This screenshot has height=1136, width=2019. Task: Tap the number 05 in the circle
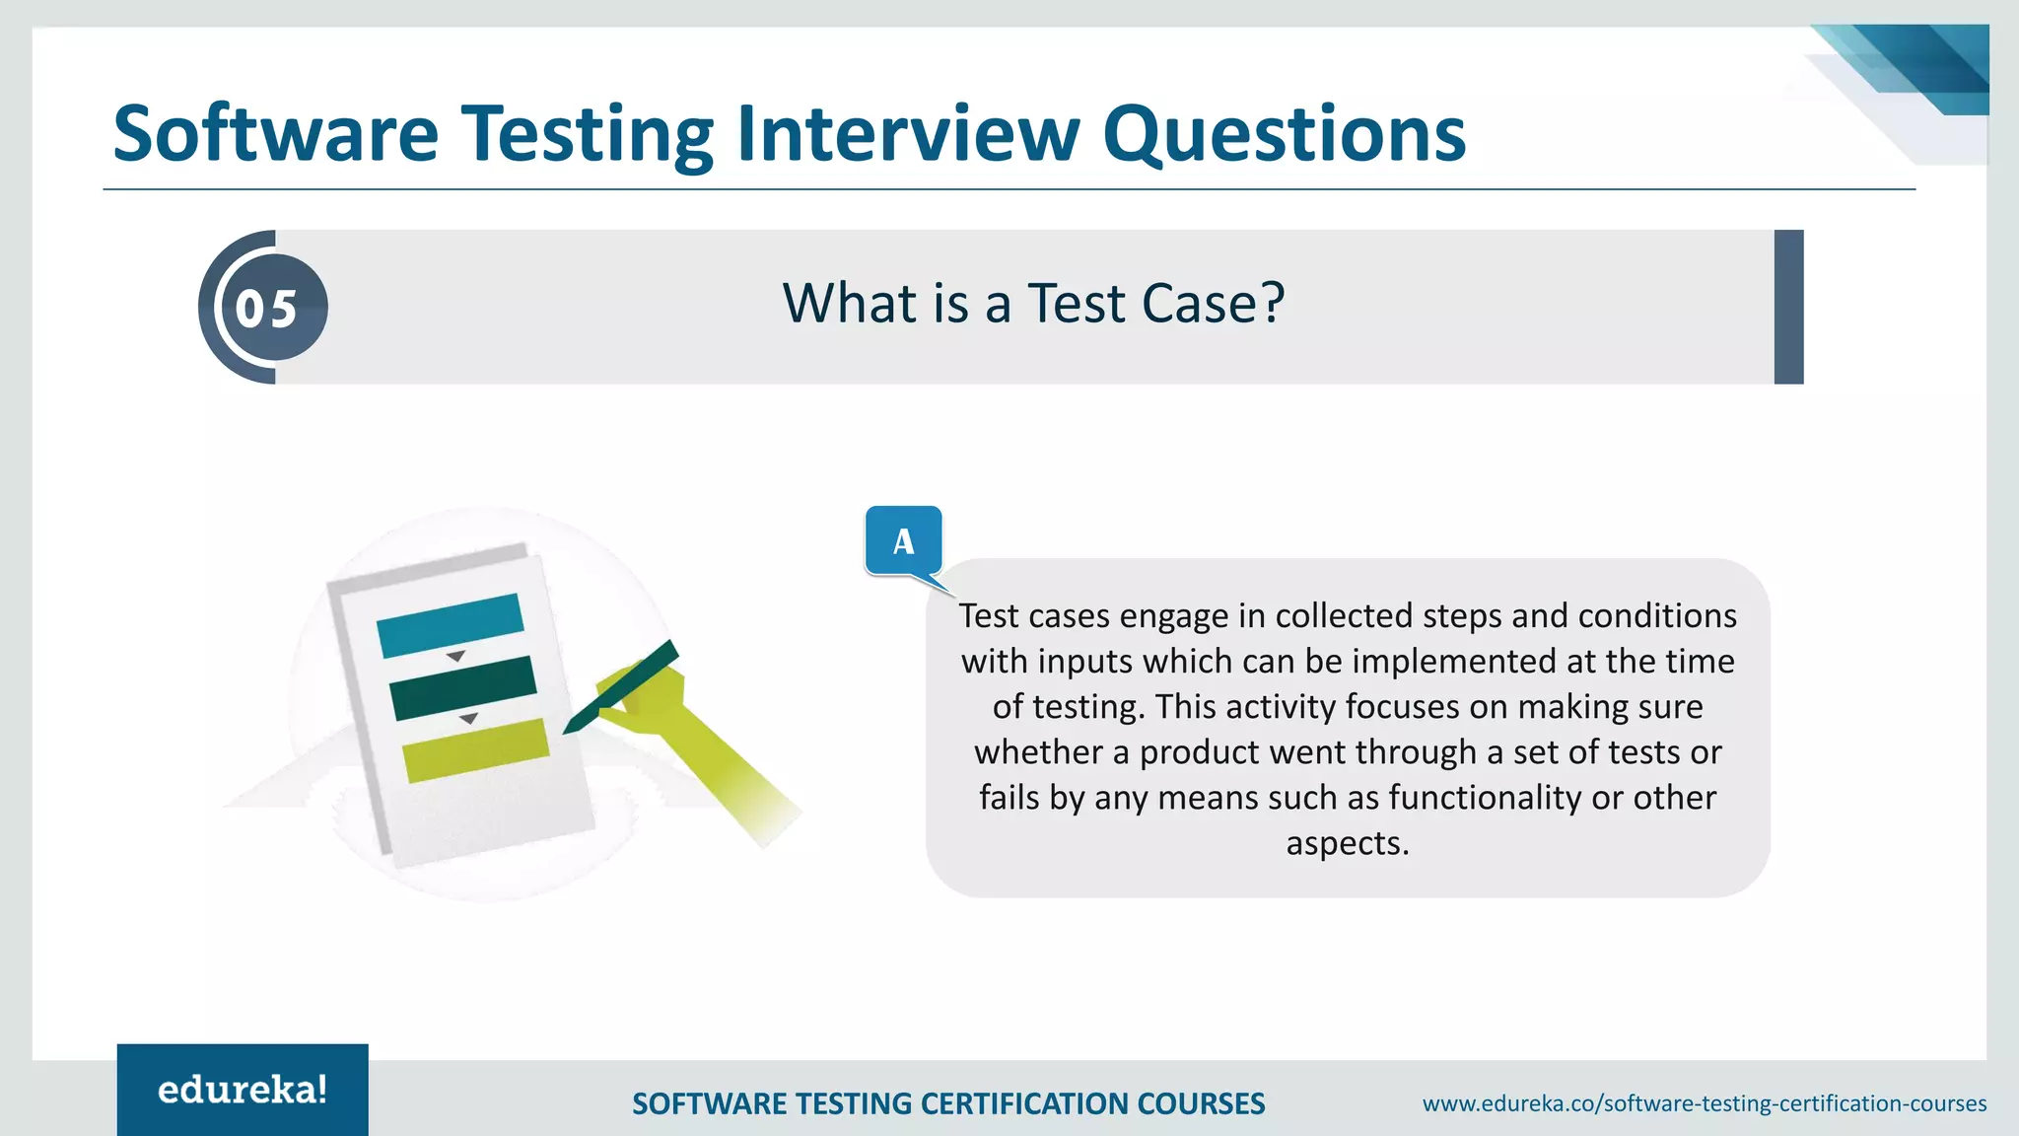click(x=266, y=309)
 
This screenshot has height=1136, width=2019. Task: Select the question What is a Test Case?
click(x=1033, y=303)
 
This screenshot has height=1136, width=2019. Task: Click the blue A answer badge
click(x=903, y=540)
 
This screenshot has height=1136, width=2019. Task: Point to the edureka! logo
click(x=243, y=1090)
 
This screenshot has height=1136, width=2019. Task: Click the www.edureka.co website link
click(x=1704, y=1103)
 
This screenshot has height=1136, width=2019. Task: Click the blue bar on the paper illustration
click(x=450, y=624)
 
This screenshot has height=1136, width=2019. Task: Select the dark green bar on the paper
click(x=463, y=686)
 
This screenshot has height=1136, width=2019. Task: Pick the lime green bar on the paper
click(x=476, y=749)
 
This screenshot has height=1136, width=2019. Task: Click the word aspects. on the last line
click(x=1348, y=843)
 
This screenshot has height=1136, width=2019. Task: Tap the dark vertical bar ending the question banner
click(x=1787, y=307)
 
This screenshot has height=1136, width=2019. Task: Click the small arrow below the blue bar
click(x=455, y=657)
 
